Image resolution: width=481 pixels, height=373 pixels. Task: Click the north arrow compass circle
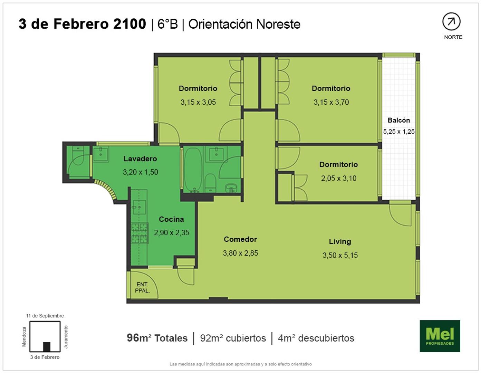(451, 21)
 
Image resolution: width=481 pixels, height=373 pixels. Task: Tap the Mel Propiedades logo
(440, 336)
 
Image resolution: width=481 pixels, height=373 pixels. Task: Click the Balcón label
(399, 120)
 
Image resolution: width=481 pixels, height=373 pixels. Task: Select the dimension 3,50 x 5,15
(340, 255)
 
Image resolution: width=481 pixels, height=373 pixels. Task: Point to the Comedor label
(240, 239)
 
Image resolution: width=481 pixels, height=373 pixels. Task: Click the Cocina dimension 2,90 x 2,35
(172, 232)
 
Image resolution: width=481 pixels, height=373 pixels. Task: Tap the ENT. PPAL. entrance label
(142, 287)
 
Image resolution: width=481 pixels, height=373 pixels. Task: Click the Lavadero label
(140, 159)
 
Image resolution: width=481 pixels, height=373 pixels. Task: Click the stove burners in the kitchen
(140, 233)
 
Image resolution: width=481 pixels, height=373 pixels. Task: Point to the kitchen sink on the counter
(139, 207)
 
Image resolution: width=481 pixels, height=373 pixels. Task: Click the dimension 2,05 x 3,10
(339, 178)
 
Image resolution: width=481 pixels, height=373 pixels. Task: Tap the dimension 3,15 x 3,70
(331, 102)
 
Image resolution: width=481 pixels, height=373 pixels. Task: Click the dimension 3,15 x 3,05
(198, 102)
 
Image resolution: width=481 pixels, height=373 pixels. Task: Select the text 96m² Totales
(157, 338)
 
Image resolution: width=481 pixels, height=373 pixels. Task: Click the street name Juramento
(66, 337)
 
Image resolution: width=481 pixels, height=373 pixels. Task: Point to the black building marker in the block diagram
(47, 347)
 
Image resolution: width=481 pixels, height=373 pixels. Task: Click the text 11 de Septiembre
(45, 316)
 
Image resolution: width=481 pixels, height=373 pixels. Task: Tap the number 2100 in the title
(129, 24)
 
